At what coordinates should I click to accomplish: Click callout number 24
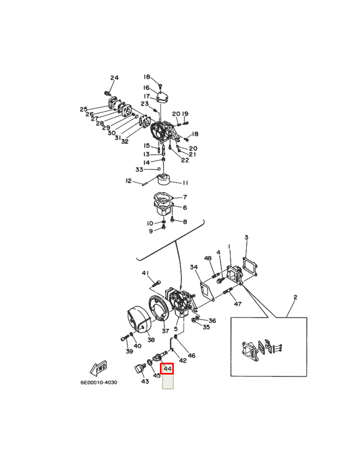(x=114, y=78)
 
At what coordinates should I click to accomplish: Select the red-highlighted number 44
(x=167, y=369)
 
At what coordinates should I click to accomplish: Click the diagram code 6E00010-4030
(x=98, y=383)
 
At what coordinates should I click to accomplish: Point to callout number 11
(x=185, y=183)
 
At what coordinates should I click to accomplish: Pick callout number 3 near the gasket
(x=246, y=237)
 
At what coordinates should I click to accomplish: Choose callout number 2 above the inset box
(x=295, y=297)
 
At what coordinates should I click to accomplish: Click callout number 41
(x=146, y=273)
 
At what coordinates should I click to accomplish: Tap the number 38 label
(x=151, y=340)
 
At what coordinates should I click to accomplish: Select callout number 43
(x=145, y=381)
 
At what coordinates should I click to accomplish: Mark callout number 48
(x=208, y=258)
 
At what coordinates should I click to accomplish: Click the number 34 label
(x=193, y=267)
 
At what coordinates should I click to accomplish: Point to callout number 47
(x=238, y=304)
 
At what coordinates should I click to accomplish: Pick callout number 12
(x=129, y=181)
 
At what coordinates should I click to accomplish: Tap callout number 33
(x=139, y=170)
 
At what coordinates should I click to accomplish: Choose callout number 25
(x=83, y=109)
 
